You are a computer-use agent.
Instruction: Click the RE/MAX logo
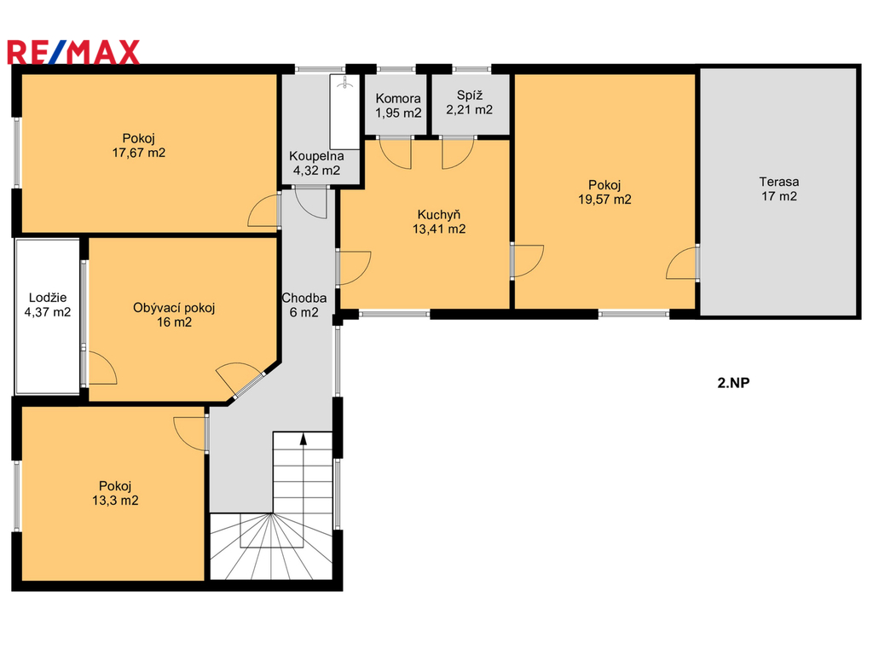pos(73,52)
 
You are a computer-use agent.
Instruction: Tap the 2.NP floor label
pos(733,383)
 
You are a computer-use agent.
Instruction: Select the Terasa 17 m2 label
pos(779,188)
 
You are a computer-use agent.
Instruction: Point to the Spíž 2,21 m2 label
pos(470,102)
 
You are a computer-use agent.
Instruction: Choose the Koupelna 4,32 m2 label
pos(316,164)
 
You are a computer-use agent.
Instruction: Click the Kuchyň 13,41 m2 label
pos(439,222)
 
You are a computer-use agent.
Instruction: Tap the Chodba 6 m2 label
pos(304,305)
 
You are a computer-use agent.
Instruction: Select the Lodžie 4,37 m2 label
pos(48,304)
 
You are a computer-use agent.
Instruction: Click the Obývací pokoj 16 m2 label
pos(174,315)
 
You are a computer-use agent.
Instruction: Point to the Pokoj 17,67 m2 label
pos(139,145)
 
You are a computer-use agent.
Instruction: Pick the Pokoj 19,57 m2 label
pos(604,192)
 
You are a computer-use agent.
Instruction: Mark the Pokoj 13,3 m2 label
pos(115,493)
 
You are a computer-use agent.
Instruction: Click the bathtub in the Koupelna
pos(344,112)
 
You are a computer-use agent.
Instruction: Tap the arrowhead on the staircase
pos(304,439)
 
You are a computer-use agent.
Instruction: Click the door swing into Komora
pos(396,153)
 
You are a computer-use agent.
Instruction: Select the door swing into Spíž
pos(458,153)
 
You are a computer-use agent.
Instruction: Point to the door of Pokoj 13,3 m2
pos(190,433)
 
